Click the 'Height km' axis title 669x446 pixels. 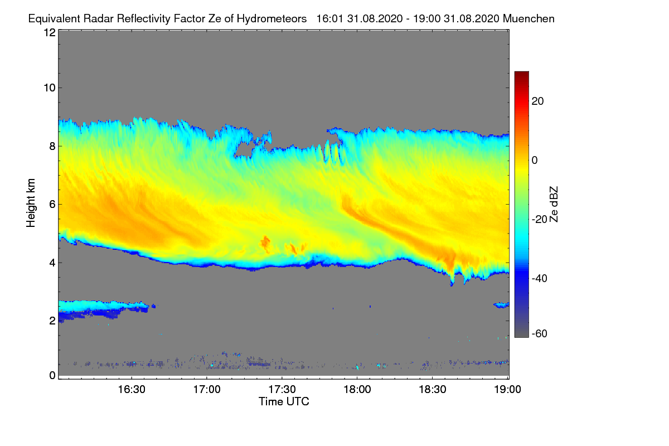[31, 204]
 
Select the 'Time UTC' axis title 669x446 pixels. [284, 401]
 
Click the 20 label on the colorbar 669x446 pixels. [538, 101]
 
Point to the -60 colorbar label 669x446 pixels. [540, 333]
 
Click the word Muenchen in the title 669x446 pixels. [529, 18]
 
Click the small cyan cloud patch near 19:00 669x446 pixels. [501, 305]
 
